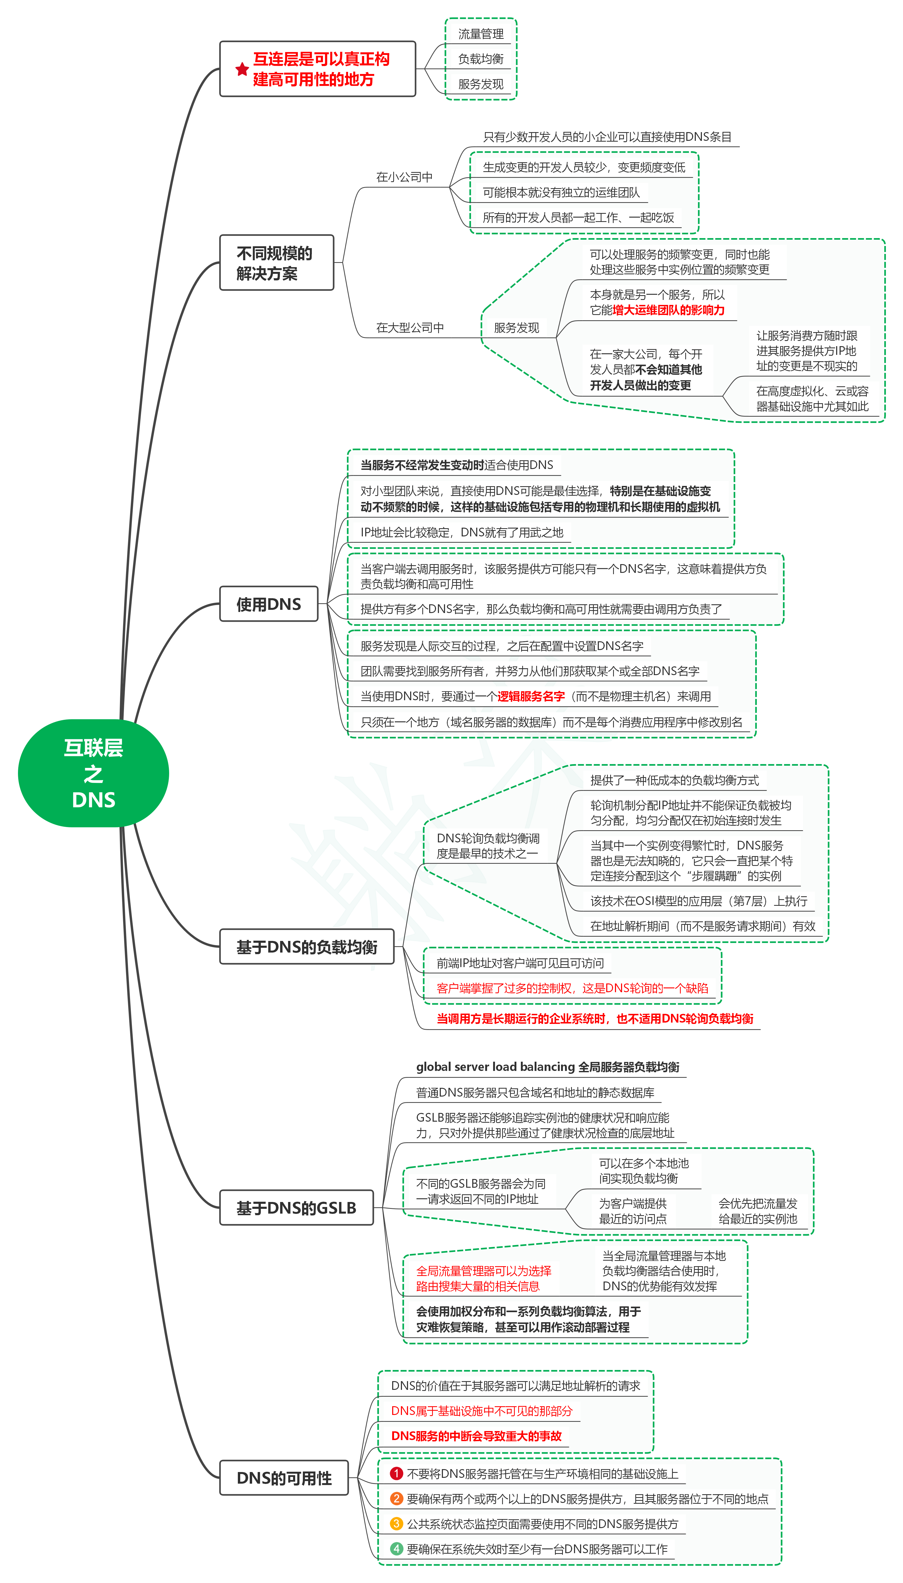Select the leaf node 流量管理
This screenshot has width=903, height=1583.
tap(481, 34)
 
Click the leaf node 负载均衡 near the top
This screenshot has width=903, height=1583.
tap(481, 59)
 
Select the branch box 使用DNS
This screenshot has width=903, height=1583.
tap(268, 604)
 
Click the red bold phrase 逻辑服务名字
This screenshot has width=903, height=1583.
tap(531, 696)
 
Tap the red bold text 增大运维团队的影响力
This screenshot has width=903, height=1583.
tap(669, 310)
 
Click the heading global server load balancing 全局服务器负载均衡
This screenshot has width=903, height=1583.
tap(548, 1066)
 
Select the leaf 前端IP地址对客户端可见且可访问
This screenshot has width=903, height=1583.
tap(520, 963)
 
